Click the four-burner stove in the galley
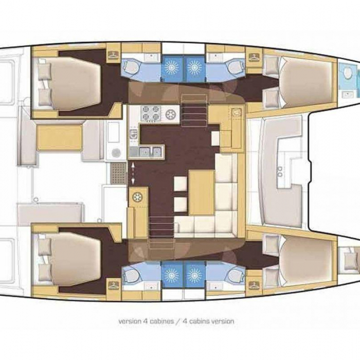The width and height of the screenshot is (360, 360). pos(150,114)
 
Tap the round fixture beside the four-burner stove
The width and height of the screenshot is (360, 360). pos(171,114)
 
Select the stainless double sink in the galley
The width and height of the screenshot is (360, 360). pos(147,152)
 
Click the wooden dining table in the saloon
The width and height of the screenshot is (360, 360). pos(202,193)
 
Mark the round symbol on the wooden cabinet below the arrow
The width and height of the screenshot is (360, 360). pos(138,197)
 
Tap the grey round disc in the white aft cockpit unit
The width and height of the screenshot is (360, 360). pos(116,152)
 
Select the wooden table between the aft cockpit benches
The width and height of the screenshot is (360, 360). pos(60,137)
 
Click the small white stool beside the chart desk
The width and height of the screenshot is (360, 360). pos(215,138)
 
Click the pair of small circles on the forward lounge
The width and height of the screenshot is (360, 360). pos(280,171)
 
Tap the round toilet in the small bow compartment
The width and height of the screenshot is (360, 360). pos(349,72)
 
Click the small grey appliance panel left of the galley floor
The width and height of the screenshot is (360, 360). pos(133,134)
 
